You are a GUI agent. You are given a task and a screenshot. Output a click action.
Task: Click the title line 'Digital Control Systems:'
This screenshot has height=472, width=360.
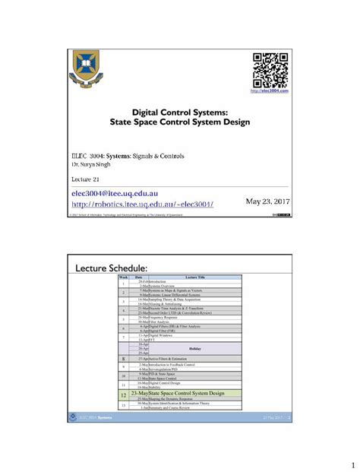click(180, 111)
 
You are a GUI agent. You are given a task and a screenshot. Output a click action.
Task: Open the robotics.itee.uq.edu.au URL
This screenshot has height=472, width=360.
click(142, 204)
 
